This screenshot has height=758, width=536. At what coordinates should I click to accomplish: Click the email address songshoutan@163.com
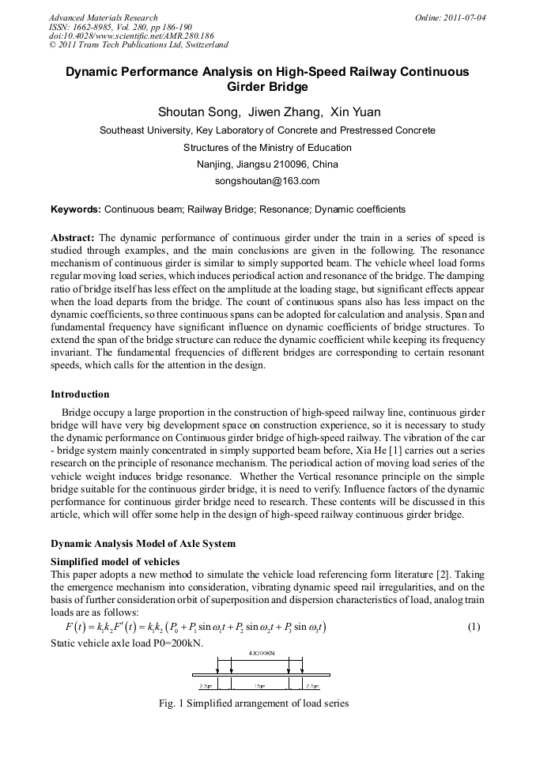coord(267,181)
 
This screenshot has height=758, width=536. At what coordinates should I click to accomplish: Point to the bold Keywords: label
coord(76,209)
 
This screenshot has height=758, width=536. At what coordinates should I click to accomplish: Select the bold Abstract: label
coord(73,238)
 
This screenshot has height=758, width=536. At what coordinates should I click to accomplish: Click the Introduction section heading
coord(80,394)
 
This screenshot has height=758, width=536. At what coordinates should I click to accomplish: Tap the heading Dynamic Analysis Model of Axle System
coord(143,544)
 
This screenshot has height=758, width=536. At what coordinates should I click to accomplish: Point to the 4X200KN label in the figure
coord(262,654)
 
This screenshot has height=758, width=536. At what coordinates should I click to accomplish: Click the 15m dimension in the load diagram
coord(259,686)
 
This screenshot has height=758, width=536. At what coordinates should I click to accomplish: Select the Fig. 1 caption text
coord(254,703)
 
